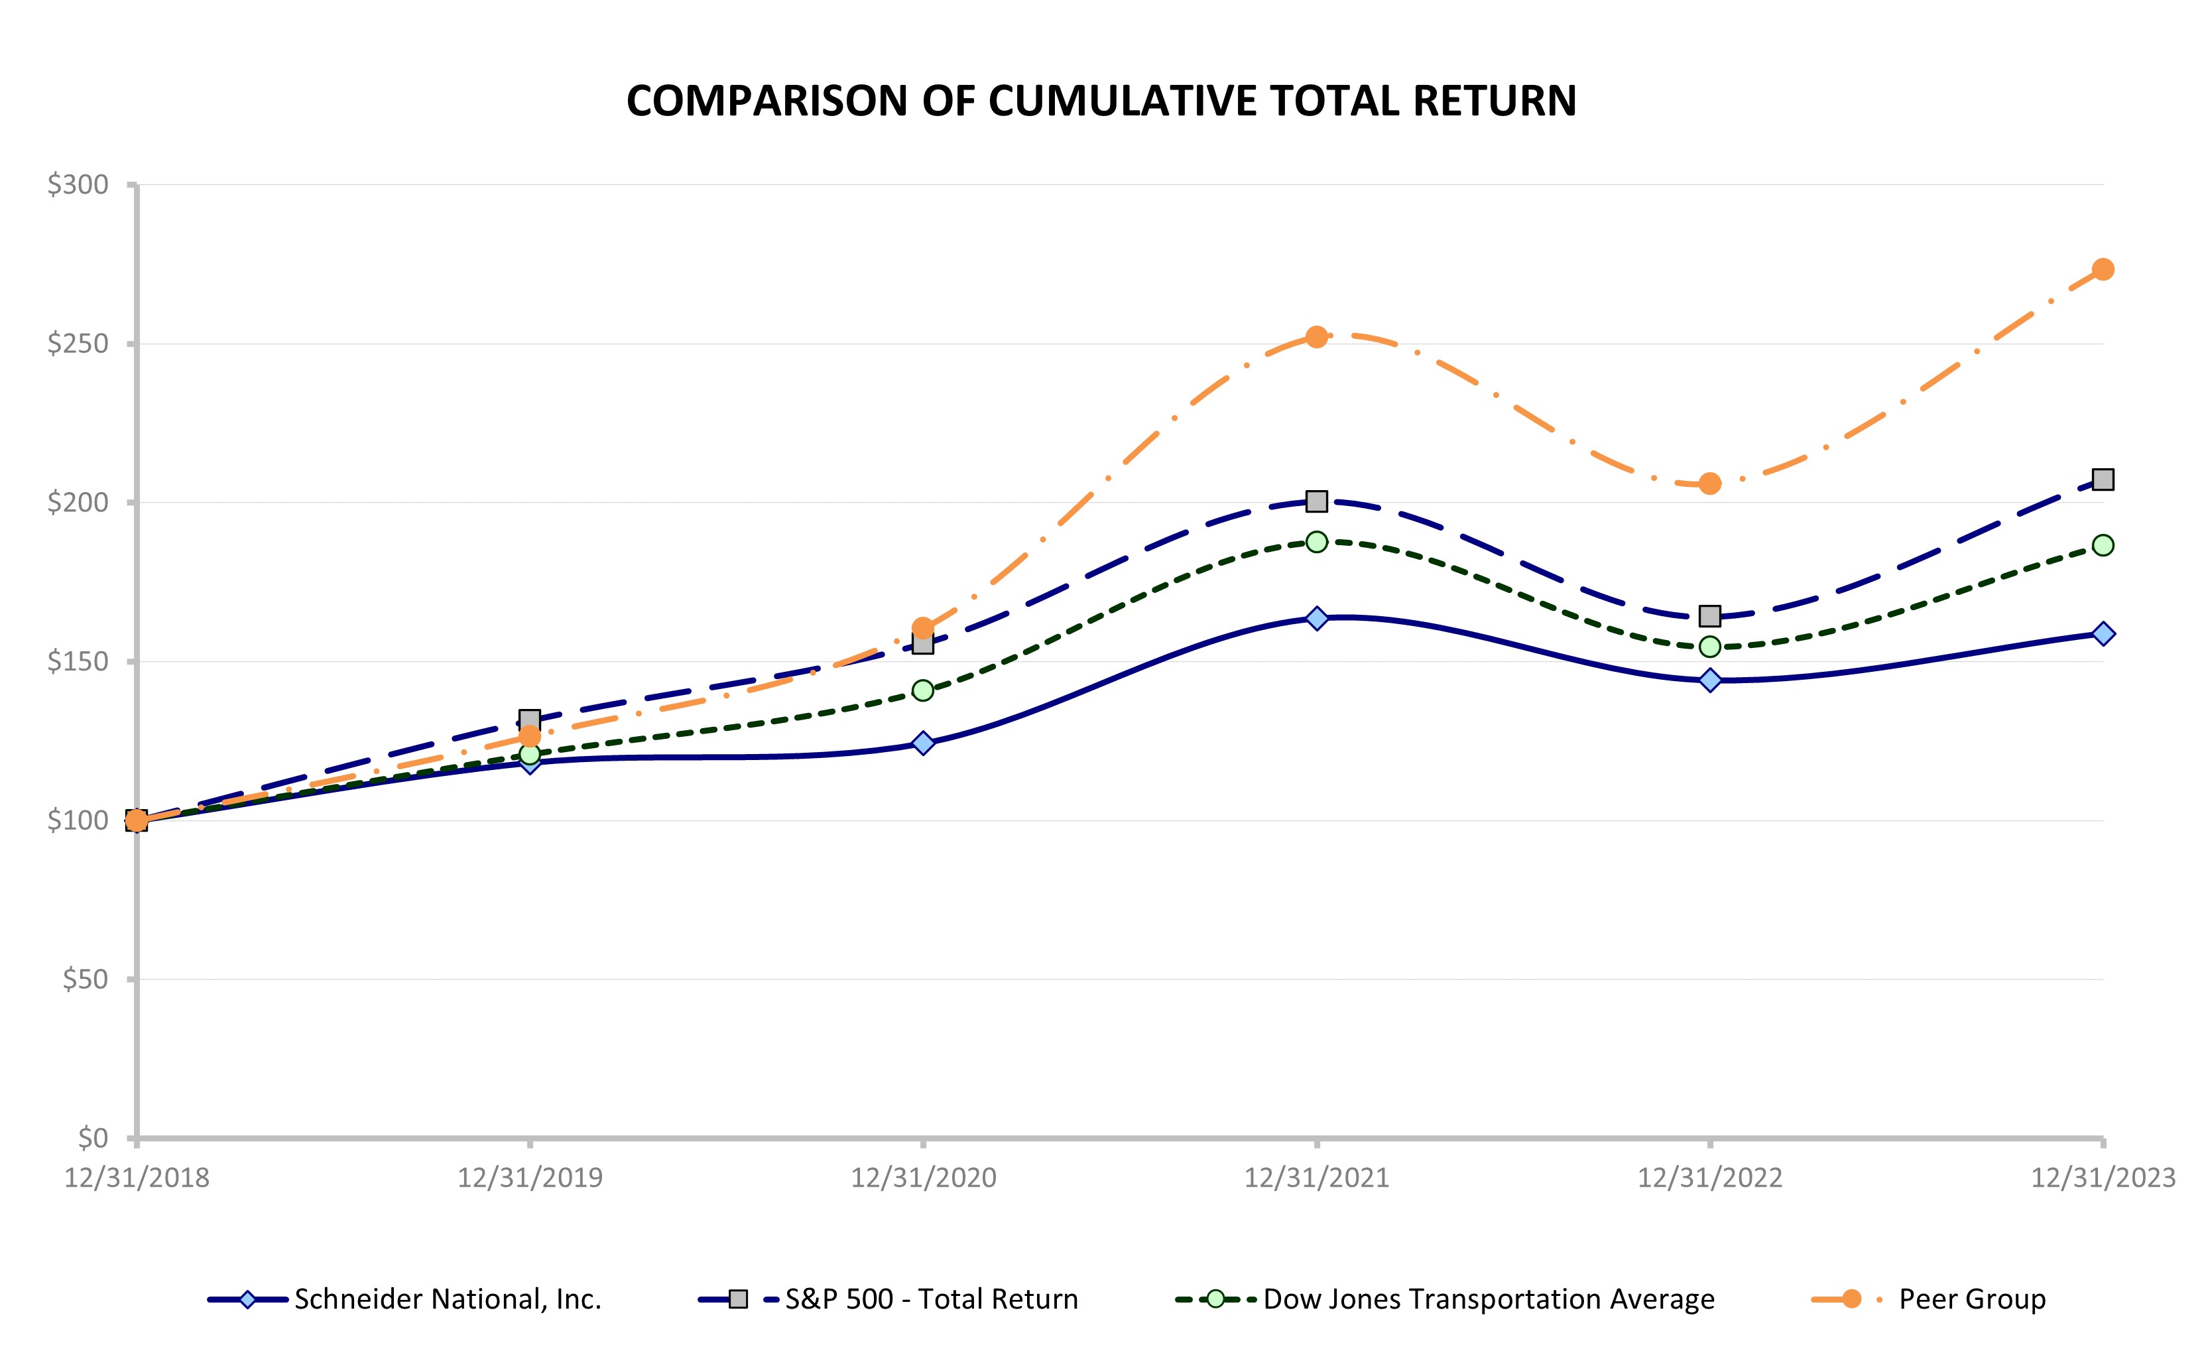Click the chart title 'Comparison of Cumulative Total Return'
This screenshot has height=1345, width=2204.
pyautogui.click(x=1101, y=100)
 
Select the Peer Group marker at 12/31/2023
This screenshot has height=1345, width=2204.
pyautogui.click(x=2103, y=269)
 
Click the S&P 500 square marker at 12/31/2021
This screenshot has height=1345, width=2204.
pyautogui.click(x=1316, y=501)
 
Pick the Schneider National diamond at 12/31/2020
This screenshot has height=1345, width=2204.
pyautogui.click(x=923, y=743)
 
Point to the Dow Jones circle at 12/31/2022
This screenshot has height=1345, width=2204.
pyautogui.click(x=1709, y=646)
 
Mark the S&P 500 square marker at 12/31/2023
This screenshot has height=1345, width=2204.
pyautogui.click(x=2103, y=480)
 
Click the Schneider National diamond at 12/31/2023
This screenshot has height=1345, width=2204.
pyautogui.click(x=2103, y=633)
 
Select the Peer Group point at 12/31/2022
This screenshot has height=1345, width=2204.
pyautogui.click(x=1709, y=484)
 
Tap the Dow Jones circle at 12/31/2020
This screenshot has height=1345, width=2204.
pyautogui.click(x=923, y=690)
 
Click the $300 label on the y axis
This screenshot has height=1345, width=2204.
pyautogui.click(x=78, y=184)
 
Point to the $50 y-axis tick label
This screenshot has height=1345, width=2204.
pyautogui.click(x=85, y=979)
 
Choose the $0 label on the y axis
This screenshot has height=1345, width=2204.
pyautogui.click(x=92, y=1138)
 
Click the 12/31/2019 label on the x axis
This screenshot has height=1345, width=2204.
pyautogui.click(x=530, y=1178)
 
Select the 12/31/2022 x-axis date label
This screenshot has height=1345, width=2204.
pyautogui.click(x=1709, y=1178)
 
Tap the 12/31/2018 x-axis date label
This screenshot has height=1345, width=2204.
pyautogui.click(x=137, y=1178)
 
